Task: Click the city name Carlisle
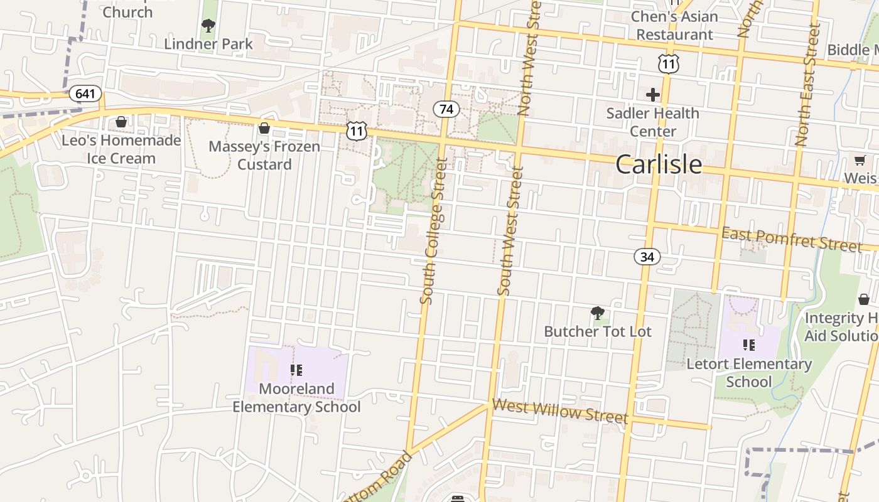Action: pos(659,164)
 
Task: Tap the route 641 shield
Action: pos(85,94)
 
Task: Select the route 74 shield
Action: pos(446,109)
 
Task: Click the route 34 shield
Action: pos(647,256)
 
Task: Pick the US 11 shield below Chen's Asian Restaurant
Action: pos(669,63)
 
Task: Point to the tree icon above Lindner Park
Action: pos(208,26)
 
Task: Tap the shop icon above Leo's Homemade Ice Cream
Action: pos(121,122)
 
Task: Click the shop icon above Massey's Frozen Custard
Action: pos(264,128)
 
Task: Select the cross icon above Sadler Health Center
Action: pos(653,95)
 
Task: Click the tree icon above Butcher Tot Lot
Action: pos(597,312)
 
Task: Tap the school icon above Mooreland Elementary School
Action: pos(296,370)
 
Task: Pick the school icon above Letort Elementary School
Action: pos(748,344)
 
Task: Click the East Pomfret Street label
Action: pos(791,239)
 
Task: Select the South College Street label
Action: pos(434,231)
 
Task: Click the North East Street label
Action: pos(808,85)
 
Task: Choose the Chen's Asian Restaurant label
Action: pos(674,25)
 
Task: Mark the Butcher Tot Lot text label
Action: pos(598,331)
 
